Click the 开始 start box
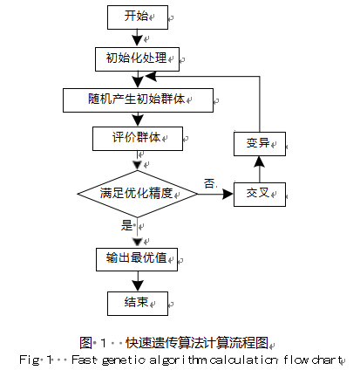[x=138, y=17]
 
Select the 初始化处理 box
[x=137, y=59]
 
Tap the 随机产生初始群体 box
[x=138, y=100]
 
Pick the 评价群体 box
[x=138, y=139]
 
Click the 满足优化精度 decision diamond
[x=138, y=194]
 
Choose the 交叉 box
[x=260, y=195]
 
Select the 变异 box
[x=260, y=144]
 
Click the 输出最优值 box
[x=137, y=259]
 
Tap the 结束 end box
[x=138, y=304]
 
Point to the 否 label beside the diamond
[x=209, y=183]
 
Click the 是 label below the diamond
[x=126, y=225]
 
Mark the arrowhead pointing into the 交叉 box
[x=228, y=194]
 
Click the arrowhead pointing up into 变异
[x=260, y=161]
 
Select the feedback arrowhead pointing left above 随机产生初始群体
[x=151, y=77]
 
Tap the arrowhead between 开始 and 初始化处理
[x=137, y=41]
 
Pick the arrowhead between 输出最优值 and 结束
[x=138, y=285]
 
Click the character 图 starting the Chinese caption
[x=85, y=343]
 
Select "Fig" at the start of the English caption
[x=30, y=360]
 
